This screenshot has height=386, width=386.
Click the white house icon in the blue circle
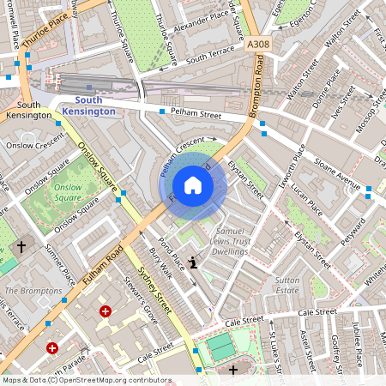(x=193, y=185)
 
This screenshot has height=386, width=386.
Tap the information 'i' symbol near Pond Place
(x=193, y=262)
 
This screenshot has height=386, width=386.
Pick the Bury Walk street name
(x=160, y=263)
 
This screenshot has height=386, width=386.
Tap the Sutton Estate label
(x=287, y=286)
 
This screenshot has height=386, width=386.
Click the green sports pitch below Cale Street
(x=221, y=347)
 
